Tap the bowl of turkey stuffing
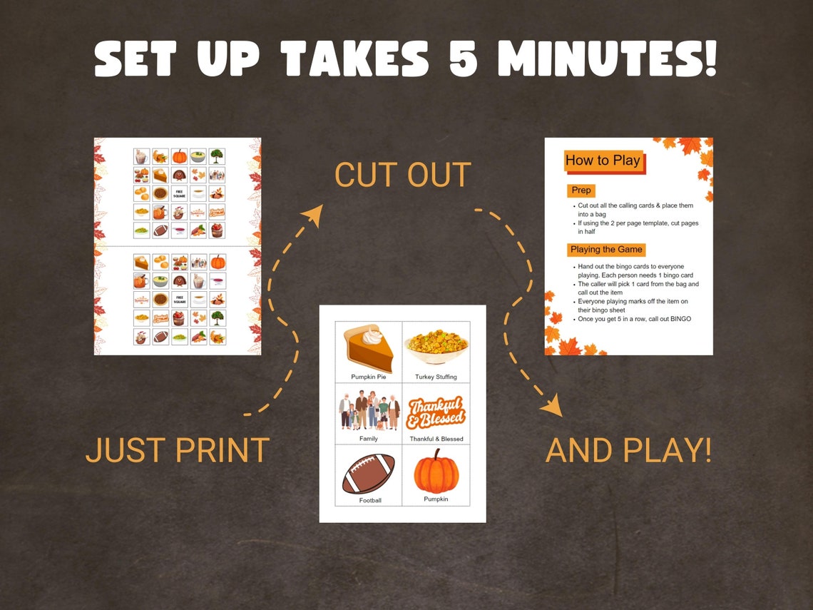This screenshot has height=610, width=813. (x=436, y=347)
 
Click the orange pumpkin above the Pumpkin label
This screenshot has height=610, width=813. (x=436, y=471)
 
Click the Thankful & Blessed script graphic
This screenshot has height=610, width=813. (x=436, y=412)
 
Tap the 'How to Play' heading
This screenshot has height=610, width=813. (x=603, y=161)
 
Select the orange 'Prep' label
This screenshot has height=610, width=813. (x=581, y=190)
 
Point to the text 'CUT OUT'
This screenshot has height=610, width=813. (x=403, y=176)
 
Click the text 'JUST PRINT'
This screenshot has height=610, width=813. (x=177, y=450)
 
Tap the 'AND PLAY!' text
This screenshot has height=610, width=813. (x=628, y=450)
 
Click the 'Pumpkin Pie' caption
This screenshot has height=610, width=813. (x=369, y=377)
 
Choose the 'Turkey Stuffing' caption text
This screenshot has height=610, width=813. (x=436, y=377)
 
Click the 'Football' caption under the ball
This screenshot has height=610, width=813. (x=370, y=500)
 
